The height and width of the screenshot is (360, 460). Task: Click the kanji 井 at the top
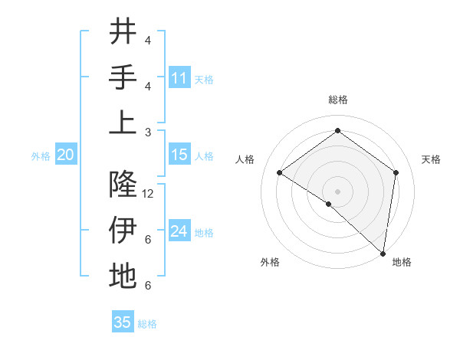(123, 32)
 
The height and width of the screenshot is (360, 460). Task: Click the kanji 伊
(123, 230)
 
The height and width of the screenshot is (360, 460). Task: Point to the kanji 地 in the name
(123, 276)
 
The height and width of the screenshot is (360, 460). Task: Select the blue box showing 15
(179, 155)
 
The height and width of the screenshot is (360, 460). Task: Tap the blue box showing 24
(179, 231)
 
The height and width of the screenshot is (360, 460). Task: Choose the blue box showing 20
(66, 155)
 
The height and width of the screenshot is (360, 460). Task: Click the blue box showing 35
(123, 322)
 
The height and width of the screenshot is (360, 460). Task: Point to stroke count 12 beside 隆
(149, 194)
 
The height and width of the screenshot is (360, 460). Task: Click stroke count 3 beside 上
(148, 132)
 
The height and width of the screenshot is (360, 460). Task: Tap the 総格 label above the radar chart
(337, 100)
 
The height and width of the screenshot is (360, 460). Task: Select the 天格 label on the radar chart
(431, 159)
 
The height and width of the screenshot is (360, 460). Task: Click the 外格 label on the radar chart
(270, 262)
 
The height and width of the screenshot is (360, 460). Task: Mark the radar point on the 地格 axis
(383, 253)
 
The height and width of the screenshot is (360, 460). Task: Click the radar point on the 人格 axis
(280, 173)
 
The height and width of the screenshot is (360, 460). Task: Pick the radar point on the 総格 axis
(337, 130)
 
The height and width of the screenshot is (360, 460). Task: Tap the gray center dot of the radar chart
(337, 191)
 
